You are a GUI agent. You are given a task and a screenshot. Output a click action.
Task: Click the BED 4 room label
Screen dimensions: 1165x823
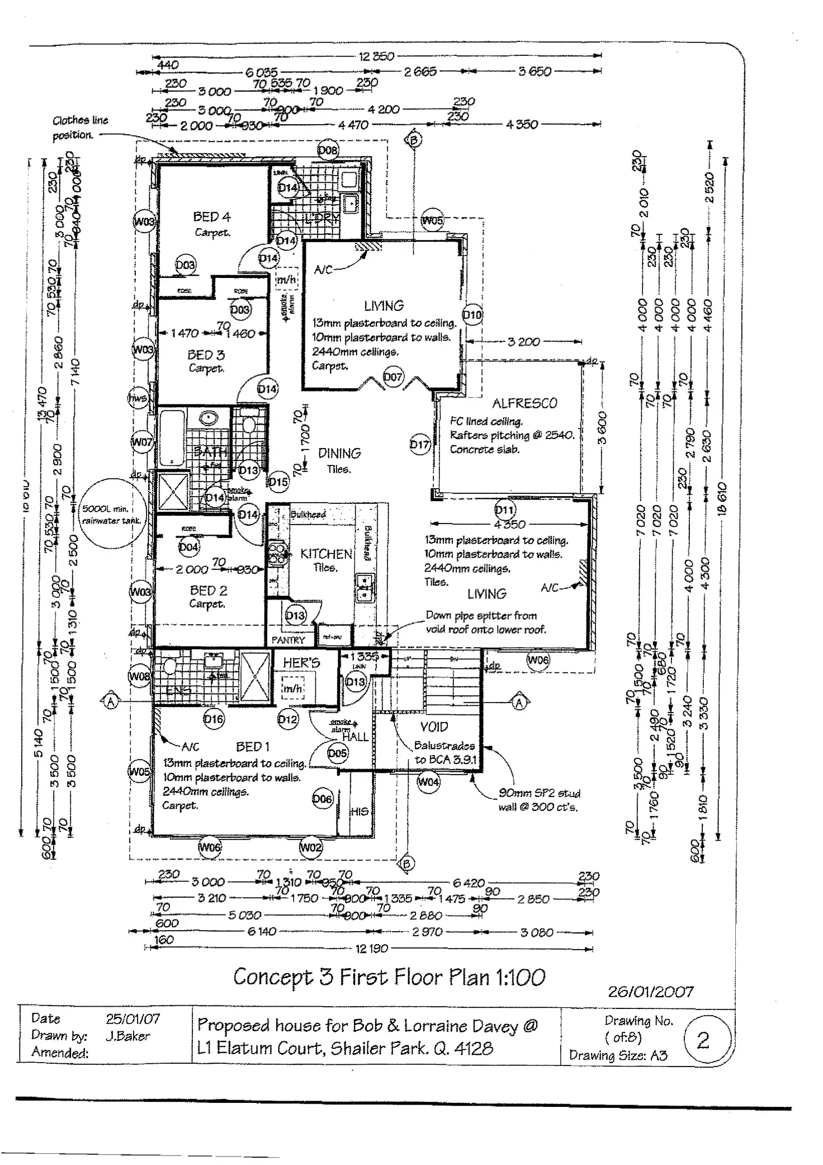tap(211, 216)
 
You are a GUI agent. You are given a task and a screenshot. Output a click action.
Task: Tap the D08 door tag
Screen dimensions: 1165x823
tap(328, 150)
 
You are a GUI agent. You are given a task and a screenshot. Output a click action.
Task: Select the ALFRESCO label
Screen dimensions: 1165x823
tap(524, 403)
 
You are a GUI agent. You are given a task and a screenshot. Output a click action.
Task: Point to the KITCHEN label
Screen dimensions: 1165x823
tap(326, 554)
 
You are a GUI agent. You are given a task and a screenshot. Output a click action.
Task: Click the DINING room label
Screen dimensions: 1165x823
tap(339, 453)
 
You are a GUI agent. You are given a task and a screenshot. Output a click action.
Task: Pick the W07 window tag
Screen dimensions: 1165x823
tap(141, 442)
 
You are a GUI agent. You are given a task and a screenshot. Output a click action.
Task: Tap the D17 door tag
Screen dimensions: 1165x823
tap(420, 445)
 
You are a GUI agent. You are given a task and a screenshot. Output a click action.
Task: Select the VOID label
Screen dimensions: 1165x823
tap(434, 727)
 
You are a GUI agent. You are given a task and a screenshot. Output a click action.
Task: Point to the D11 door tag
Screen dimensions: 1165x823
tap(505, 510)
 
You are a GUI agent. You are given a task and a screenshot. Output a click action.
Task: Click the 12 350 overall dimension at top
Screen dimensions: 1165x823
tap(376, 56)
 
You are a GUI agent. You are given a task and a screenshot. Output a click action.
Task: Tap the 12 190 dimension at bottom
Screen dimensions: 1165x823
tap(371, 949)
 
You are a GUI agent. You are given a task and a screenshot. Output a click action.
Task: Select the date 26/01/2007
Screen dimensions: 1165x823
tap(651, 991)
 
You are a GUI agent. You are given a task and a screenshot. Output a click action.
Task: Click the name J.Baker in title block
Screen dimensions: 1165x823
tap(128, 1035)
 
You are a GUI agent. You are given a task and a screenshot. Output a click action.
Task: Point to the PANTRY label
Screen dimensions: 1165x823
tap(288, 640)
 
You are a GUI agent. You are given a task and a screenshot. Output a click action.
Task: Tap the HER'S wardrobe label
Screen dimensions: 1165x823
tap(301, 663)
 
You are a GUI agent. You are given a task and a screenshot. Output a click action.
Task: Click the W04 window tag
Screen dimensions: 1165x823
tap(428, 781)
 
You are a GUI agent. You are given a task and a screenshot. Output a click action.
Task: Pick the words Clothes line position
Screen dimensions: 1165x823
tap(80, 128)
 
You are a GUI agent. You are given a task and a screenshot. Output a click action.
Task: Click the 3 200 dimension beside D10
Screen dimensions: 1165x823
tap(523, 341)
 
